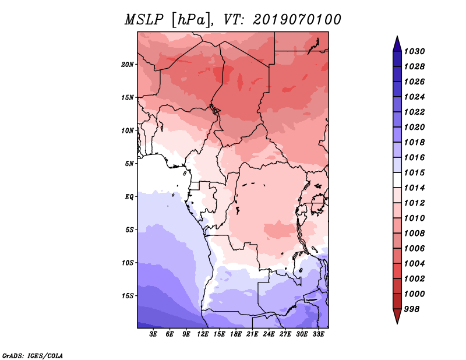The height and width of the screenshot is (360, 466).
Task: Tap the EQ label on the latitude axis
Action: (129, 196)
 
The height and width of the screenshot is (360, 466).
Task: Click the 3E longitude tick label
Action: (154, 334)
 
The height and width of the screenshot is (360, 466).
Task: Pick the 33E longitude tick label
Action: (318, 334)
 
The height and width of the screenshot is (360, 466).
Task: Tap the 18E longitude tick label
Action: (236, 334)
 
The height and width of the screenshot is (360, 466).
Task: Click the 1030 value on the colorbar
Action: (416, 51)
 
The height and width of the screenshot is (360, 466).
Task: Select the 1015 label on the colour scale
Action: (416, 173)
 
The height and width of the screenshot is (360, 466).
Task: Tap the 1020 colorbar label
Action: (416, 127)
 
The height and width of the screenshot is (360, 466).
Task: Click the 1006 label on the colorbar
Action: (416, 248)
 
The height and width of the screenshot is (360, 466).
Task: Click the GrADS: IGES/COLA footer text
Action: (32, 355)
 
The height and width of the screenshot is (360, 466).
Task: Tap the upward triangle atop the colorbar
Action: (397, 43)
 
